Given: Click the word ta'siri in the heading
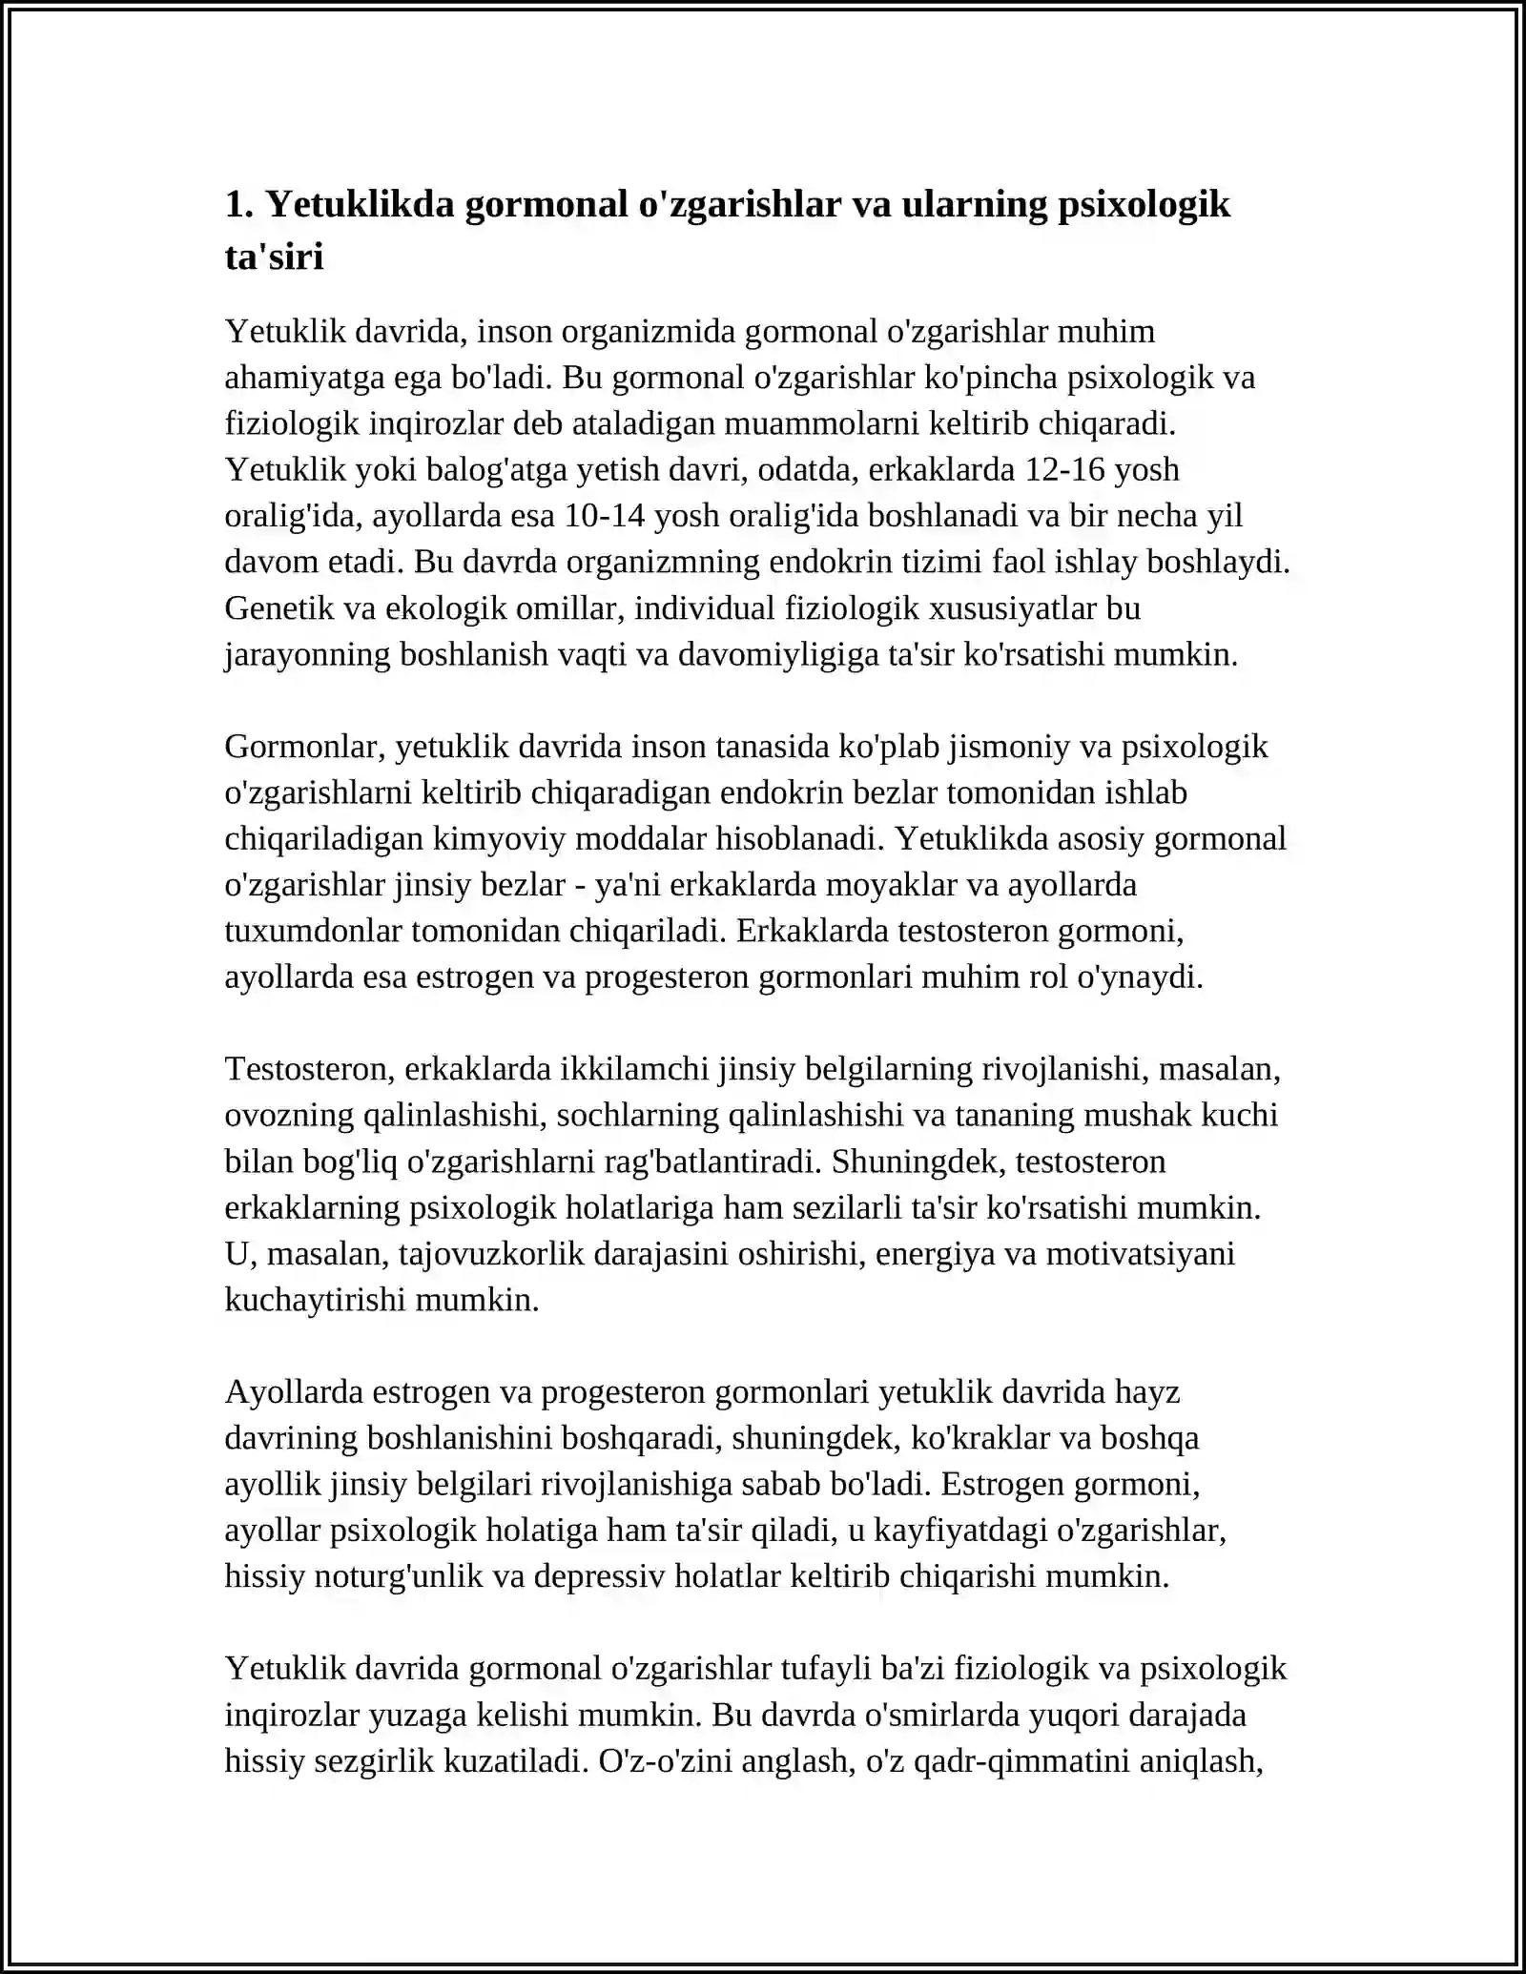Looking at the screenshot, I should (274, 257).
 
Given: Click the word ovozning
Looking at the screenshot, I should (288, 1115).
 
